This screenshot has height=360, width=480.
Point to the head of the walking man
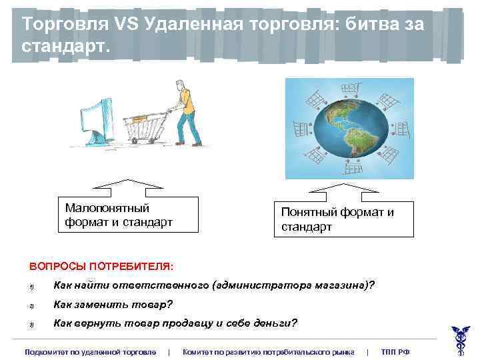pyautogui.click(x=179, y=86)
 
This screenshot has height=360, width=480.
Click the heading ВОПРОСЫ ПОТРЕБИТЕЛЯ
pyautogui.click(x=101, y=266)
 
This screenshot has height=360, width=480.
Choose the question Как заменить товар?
pyautogui.click(x=113, y=305)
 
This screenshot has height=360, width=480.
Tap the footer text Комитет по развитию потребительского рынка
pyautogui.click(x=268, y=351)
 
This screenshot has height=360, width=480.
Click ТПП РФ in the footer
pyautogui.click(x=395, y=351)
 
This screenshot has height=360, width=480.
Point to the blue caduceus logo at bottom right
pyautogui.click(x=460, y=339)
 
